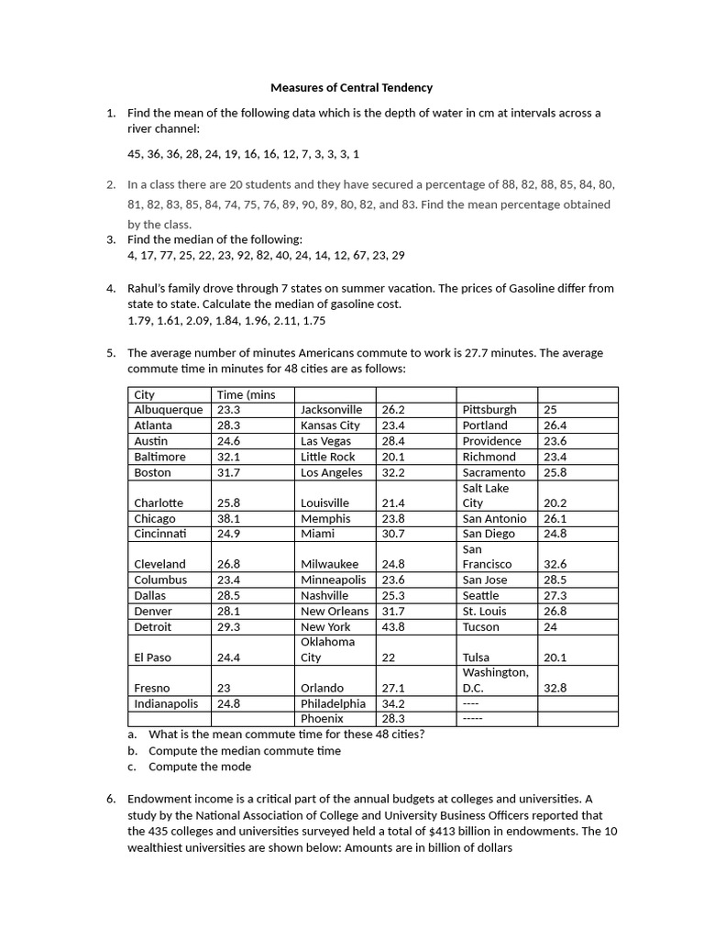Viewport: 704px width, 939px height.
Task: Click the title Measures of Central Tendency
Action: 351,88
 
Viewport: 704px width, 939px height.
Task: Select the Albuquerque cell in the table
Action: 169,410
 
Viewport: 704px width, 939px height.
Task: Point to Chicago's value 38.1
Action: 228,518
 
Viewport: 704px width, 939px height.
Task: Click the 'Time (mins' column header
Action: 246,394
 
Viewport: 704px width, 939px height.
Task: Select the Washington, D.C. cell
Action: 496,679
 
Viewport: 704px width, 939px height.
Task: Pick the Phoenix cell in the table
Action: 322,719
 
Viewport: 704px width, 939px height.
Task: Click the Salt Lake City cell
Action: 486,495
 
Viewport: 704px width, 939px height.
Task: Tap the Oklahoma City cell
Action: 327,649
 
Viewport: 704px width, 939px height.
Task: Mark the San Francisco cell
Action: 487,557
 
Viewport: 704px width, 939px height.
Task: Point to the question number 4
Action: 110,288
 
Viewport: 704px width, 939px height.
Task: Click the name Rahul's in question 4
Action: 148,288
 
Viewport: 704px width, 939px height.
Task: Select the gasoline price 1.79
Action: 140,321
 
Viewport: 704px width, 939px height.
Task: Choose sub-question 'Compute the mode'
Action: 200,767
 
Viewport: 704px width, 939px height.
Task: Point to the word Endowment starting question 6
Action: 159,798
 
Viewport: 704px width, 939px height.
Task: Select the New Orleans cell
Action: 335,611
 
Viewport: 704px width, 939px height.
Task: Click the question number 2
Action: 110,184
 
